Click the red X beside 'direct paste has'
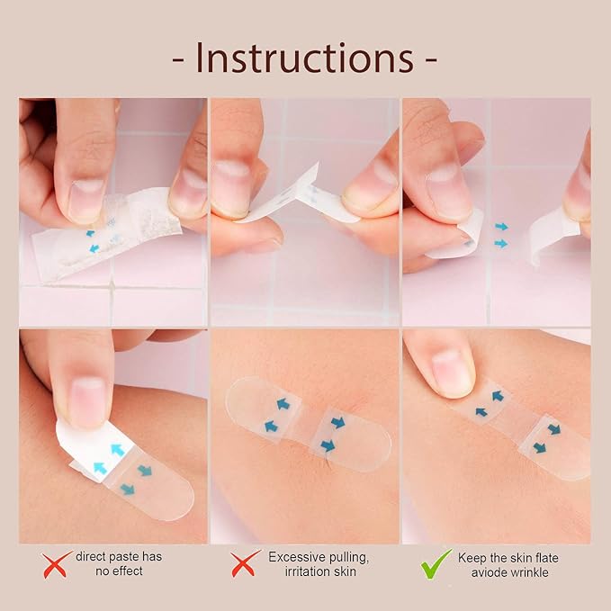pyautogui.click(x=56, y=564)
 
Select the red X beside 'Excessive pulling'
pyautogui.click(x=245, y=564)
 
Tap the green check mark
pyautogui.click(x=436, y=563)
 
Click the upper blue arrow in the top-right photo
pyautogui.click(x=501, y=227)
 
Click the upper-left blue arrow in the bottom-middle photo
pyautogui.click(x=283, y=404)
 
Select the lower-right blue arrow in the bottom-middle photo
pyautogui.click(x=328, y=445)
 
